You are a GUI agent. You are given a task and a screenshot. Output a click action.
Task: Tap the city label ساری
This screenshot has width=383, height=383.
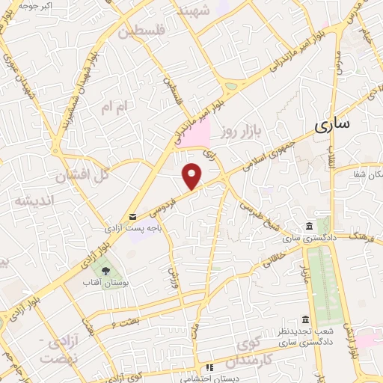click(331, 126)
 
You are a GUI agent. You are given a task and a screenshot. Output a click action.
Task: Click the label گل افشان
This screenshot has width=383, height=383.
click(82, 176)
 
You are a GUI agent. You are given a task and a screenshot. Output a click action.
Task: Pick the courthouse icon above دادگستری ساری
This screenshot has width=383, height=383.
click(310, 227)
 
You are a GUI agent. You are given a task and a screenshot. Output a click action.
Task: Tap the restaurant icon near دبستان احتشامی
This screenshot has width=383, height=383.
click(210, 367)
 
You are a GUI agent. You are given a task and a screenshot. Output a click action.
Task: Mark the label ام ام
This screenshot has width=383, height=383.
click(116, 108)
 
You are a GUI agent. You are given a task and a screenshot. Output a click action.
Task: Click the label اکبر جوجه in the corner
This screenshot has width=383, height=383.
click(35, 6)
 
